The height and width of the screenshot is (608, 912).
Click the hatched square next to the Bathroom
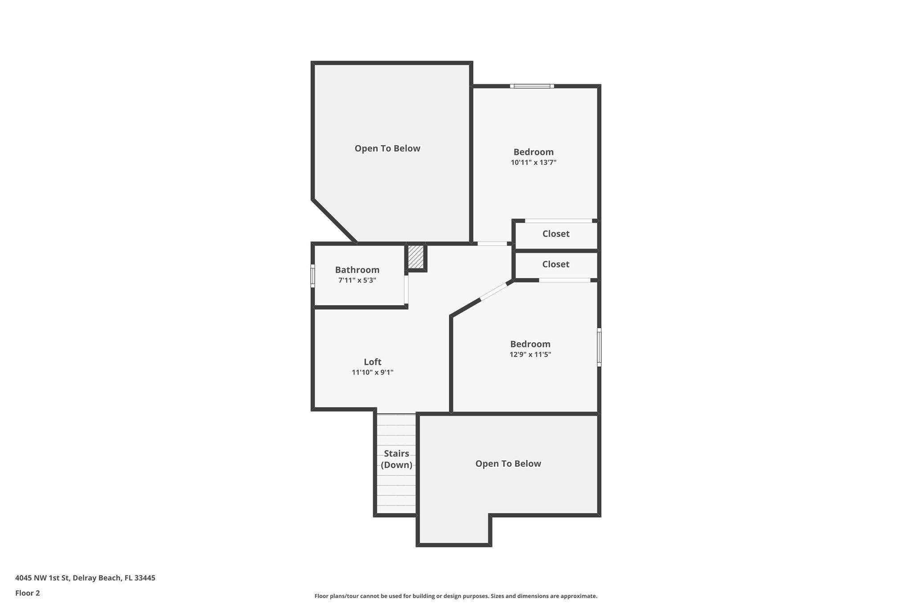pyautogui.click(x=416, y=257)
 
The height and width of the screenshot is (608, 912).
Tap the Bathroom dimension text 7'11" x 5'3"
pyautogui.click(x=357, y=280)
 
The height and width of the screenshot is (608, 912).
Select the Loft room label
pyautogui.click(x=372, y=362)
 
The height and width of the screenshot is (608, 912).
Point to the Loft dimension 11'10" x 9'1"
pyautogui.click(x=372, y=372)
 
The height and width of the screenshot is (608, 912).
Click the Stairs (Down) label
pyautogui.click(x=396, y=459)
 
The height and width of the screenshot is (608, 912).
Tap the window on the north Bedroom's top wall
pyautogui.click(x=532, y=86)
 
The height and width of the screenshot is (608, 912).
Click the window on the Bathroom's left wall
pyautogui.click(x=313, y=276)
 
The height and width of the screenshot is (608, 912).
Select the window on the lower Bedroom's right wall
pyautogui.click(x=599, y=347)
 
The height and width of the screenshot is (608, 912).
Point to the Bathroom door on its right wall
pyautogui.click(x=406, y=290)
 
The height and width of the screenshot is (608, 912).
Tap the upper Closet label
pyautogui.click(x=555, y=233)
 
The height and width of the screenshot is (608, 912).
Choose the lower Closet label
pyautogui.click(x=555, y=264)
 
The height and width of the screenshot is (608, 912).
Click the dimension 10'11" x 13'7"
pyautogui.click(x=533, y=163)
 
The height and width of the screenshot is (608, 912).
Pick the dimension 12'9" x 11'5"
pyautogui.click(x=530, y=355)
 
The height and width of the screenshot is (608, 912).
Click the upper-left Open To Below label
pyautogui.click(x=387, y=148)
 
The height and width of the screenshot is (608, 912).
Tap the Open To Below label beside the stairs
pyautogui.click(x=508, y=464)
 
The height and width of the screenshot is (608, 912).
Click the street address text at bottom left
pyautogui.click(x=85, y=578)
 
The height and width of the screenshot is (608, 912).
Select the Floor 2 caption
pyautogui.click(x=27, y=593)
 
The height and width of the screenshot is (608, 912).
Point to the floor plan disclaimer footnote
pyautogui.click(x=456, y=596)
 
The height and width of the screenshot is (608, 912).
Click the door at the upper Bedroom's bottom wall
pyautogui.click(x=492, y=244)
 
